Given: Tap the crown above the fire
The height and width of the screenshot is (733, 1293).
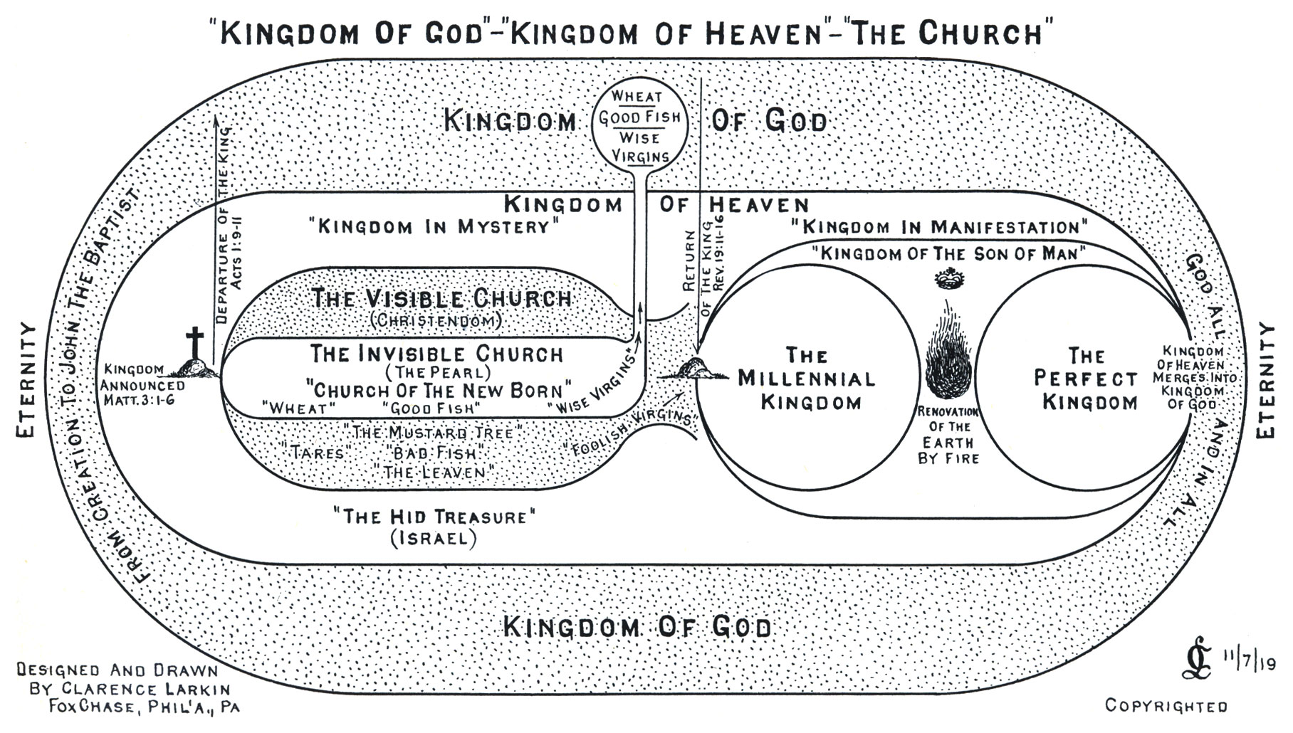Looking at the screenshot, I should (947, 280).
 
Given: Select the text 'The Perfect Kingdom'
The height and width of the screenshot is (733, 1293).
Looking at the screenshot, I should (1087, 379).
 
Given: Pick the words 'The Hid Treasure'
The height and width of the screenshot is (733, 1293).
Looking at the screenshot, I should (434, 516).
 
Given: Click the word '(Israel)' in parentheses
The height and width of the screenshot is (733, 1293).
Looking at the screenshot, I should (434, 538).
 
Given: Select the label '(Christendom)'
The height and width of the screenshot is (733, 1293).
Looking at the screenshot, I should (436, 320).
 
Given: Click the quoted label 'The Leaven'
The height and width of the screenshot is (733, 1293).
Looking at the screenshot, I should (434, 472).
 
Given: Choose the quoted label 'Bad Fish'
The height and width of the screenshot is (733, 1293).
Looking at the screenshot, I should (434, 453).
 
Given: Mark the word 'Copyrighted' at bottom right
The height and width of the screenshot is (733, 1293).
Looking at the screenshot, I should (1166, 706).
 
